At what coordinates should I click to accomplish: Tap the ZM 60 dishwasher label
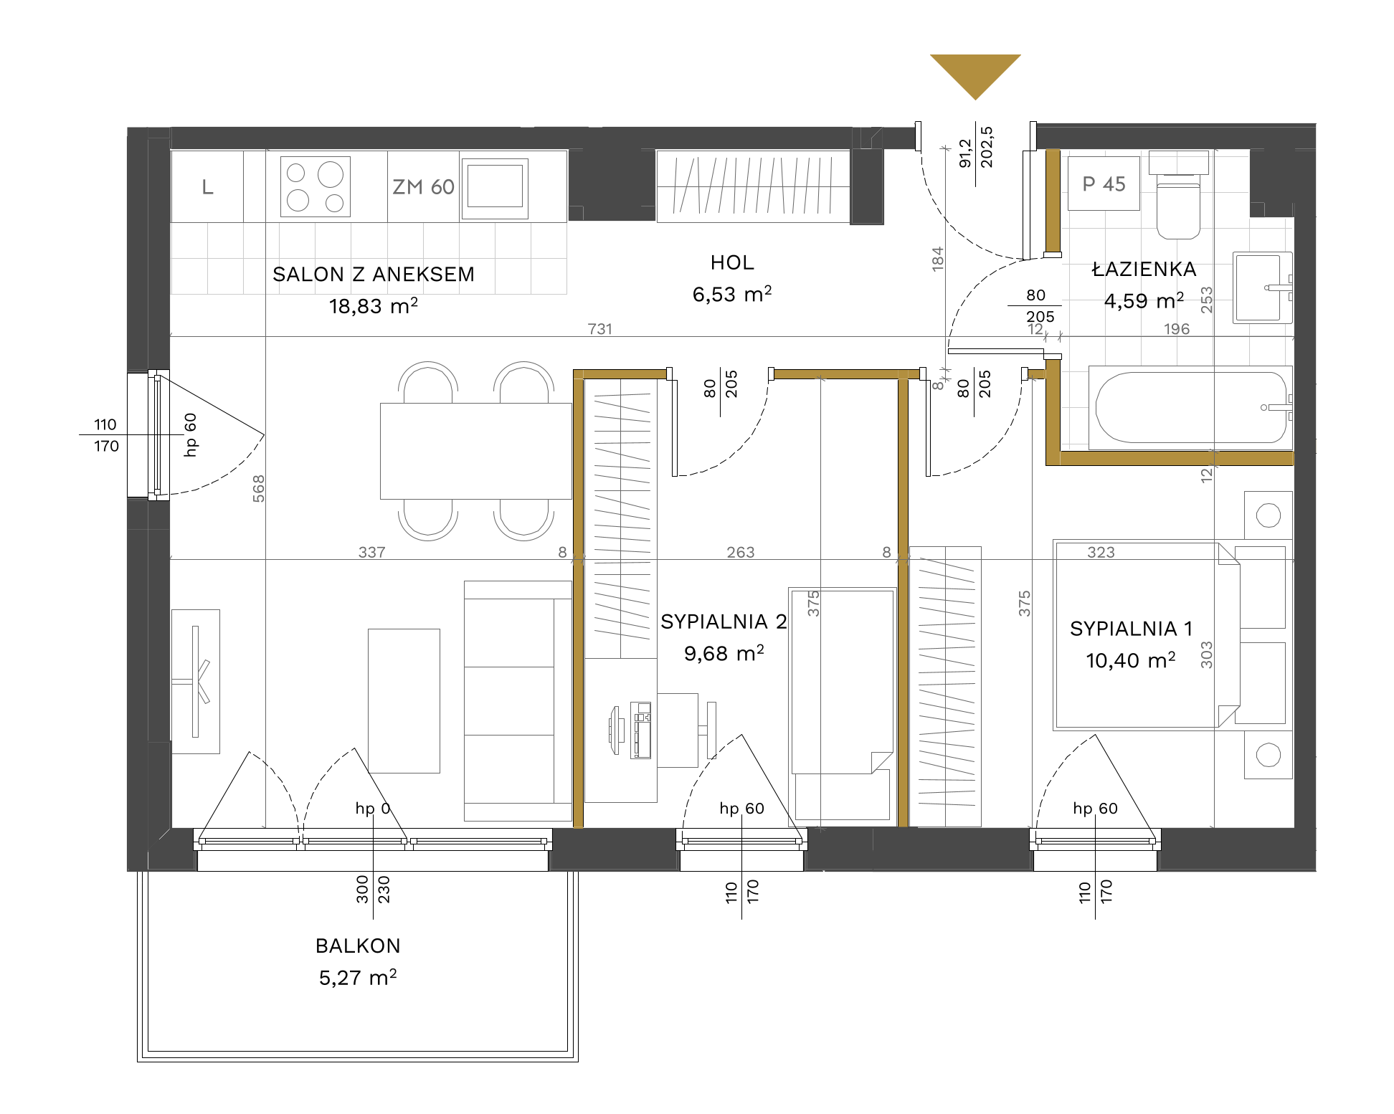[x=423, y=187]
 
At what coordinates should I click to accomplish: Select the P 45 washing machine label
[x=1104, y=184]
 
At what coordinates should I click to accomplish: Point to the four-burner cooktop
[x=316, y=186]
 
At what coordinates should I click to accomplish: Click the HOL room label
[x=732, y=262]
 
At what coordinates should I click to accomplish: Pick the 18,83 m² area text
[x=373, y=306]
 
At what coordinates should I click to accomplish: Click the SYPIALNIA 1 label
[x=1131, y=629]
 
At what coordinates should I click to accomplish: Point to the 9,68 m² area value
[x=724, y=653]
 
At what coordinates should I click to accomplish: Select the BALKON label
[x=358, y=946]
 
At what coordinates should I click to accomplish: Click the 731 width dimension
[x=600, y=329]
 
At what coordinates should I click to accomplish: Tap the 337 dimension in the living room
[x=372, y=553]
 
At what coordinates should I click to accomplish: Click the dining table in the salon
[x=476, y=451]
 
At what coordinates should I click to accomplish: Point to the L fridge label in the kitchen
[x=207, y=187]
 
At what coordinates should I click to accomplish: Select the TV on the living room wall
[x=195, y=682]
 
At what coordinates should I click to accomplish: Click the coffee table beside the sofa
[x=404, y=700]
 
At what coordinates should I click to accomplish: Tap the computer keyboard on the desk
[x=641, y=730]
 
